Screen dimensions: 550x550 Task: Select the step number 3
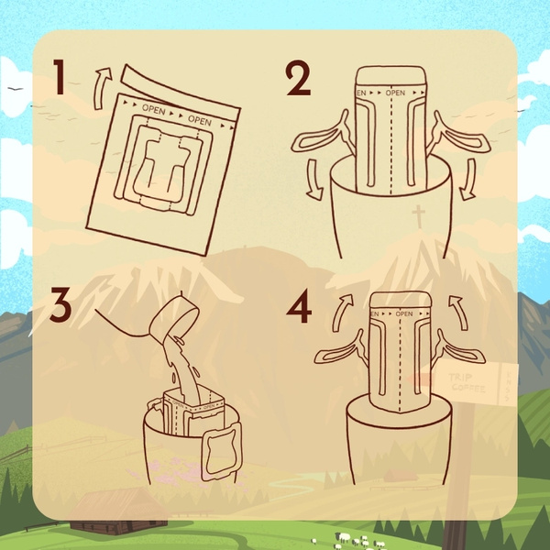tap(60, 306)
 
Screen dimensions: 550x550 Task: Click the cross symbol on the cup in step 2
tap(419, 215)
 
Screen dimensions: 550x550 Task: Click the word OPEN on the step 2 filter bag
tap(395, 93)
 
